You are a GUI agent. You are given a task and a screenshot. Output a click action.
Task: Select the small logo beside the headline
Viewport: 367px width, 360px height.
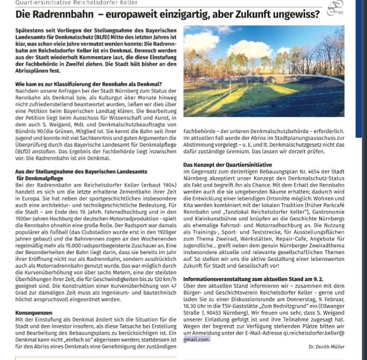336,8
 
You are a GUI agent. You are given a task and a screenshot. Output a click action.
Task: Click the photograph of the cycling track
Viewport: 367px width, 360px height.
264,71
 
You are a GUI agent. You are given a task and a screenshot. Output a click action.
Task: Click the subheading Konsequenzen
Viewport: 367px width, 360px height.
34,313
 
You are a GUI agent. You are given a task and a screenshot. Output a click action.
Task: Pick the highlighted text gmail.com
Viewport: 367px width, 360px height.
196,339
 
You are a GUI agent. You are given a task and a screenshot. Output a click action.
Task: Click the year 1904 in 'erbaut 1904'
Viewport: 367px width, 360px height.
167,185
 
